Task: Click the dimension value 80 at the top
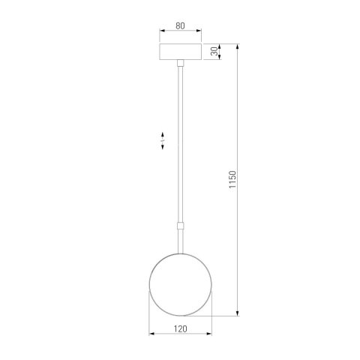[181, 25]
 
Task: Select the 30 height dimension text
[214, 52]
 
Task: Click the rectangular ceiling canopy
[181, 53]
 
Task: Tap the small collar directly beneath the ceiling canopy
[181, 65]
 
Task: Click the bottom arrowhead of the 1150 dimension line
[239, 315]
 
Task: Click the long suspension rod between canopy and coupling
[181, 142]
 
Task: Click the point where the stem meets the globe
[181, 254]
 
